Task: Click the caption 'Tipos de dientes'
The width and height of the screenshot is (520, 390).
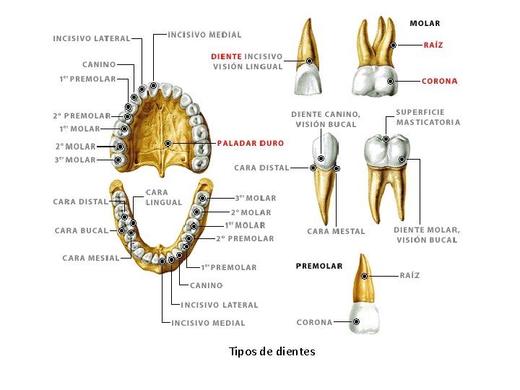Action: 272,352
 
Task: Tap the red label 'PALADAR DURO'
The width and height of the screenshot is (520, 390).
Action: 250,143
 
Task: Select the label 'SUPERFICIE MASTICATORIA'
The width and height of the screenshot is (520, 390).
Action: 428,117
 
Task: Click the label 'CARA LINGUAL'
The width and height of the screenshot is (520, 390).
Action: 163,197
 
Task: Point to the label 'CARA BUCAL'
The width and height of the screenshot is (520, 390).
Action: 81,231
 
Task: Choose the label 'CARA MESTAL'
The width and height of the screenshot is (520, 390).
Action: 336,231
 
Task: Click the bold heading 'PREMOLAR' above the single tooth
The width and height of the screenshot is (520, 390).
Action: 318,266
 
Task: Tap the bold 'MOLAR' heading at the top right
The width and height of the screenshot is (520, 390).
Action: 425,23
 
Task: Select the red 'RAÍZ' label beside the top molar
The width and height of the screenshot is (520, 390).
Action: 433,45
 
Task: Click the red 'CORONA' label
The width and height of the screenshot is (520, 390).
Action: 439,81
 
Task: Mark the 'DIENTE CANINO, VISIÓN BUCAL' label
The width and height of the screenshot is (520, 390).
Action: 325,119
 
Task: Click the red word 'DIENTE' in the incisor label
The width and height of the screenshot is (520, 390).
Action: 226,56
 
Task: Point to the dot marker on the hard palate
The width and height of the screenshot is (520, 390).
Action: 168,144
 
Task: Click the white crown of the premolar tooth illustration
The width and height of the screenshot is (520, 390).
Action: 364,317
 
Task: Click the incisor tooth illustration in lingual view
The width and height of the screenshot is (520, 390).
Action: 307,61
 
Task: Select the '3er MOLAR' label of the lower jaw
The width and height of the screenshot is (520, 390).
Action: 255,198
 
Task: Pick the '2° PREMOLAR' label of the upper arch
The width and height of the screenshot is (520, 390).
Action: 82,116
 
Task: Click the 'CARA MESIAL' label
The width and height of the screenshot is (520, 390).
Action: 90,258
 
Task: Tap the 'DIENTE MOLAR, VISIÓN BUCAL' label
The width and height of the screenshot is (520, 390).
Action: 426,235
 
